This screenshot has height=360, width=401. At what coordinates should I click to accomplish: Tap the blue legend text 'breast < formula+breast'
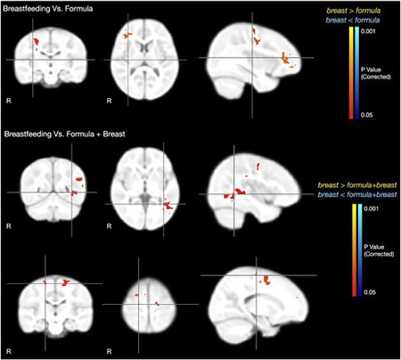(x=356, y=192)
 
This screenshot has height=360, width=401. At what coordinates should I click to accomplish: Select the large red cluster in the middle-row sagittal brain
(x=238, y=192)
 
